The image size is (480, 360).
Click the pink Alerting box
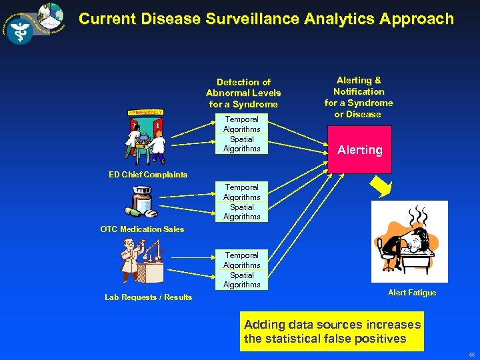359,150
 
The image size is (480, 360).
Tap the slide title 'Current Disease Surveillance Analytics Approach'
266,19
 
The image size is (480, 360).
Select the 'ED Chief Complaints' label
148,175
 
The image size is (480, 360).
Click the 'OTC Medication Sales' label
142,229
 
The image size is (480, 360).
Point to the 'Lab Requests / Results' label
148,297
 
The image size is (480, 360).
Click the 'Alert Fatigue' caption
412,293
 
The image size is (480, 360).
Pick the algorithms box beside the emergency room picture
241,134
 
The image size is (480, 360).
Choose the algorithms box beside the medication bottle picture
241,202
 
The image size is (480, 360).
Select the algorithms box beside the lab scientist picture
241,270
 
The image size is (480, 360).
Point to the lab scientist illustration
142,261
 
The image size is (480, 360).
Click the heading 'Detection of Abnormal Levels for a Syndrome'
243,93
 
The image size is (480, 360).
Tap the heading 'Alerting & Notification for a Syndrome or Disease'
359,97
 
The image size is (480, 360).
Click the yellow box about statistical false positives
332,332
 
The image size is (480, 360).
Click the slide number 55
471,355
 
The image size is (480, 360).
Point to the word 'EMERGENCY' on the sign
145,112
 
